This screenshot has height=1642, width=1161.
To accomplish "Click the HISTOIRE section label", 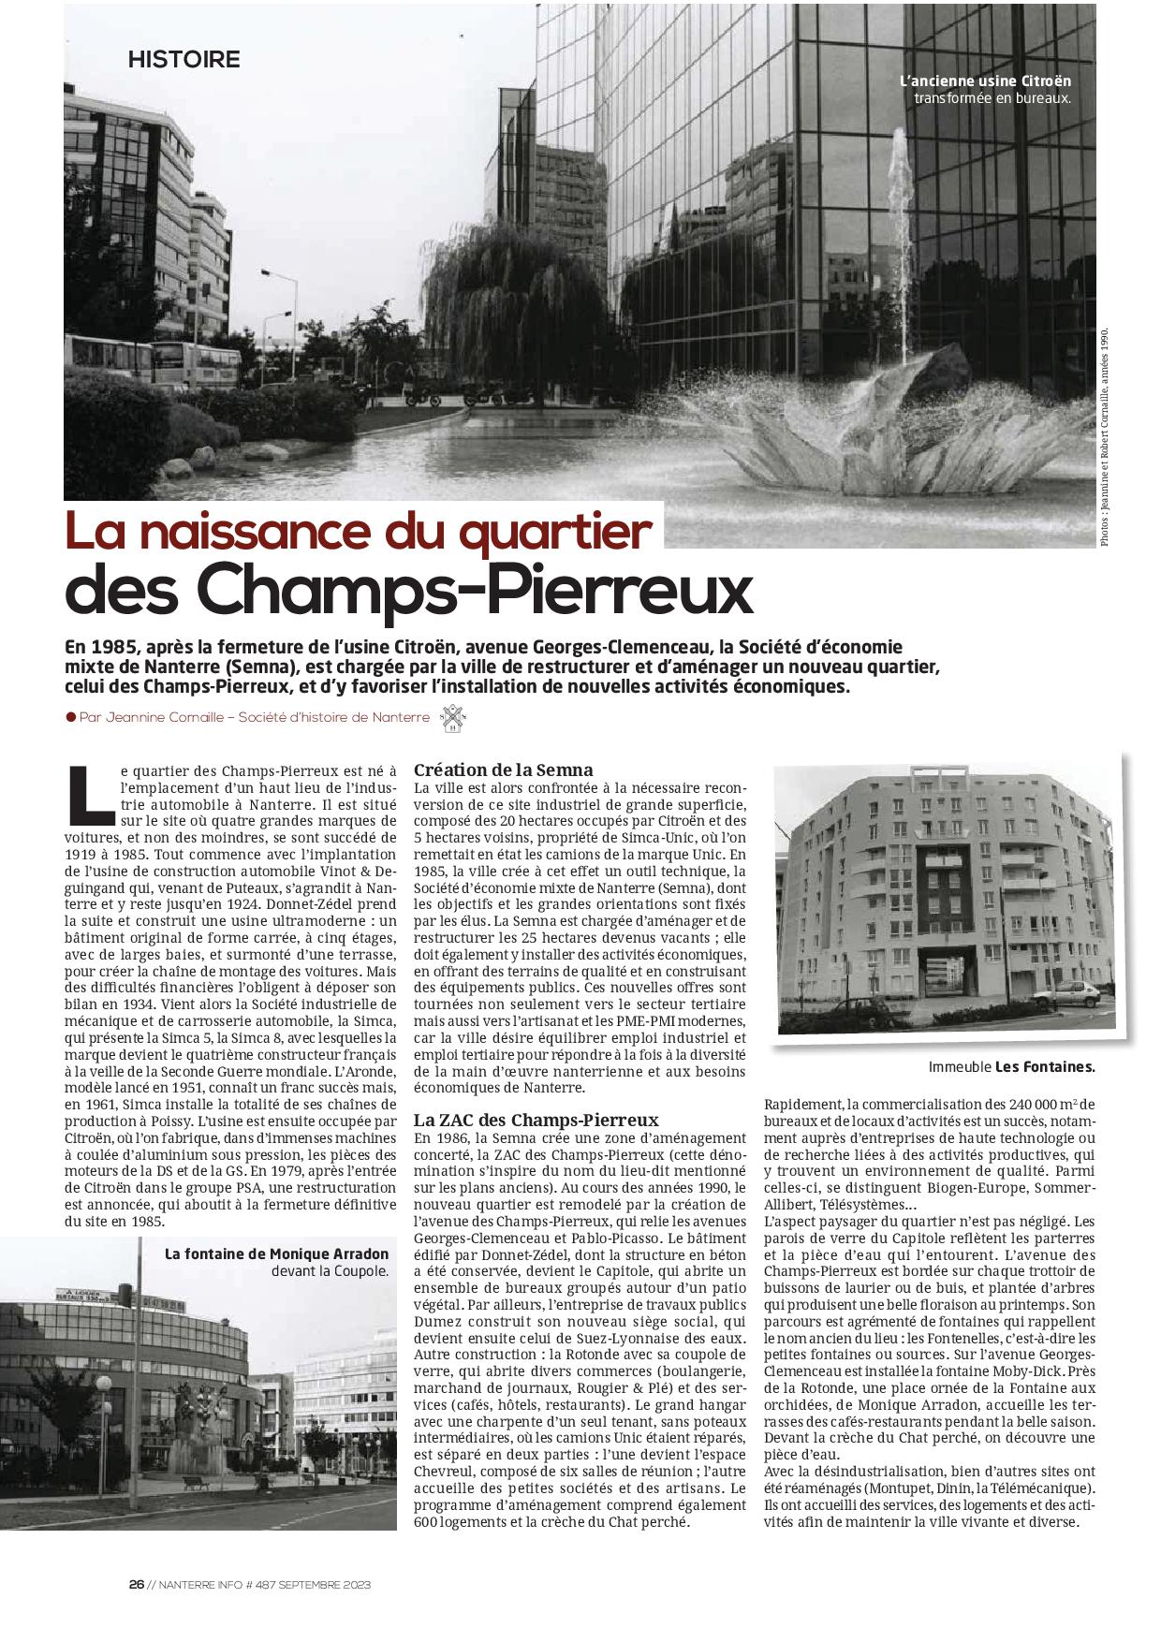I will [x=184, y=60].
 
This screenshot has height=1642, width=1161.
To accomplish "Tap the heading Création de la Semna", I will [x=503, y=770].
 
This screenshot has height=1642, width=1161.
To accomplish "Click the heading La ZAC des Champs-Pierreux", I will [x=536, y=1120].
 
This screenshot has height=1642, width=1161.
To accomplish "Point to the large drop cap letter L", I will [x=90, y=792].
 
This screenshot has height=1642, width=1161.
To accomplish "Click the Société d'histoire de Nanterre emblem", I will [x=454, y=718].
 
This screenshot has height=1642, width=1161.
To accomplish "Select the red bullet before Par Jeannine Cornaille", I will [x=70, y=717].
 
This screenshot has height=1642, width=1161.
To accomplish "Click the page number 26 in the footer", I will [x=136, y=1585].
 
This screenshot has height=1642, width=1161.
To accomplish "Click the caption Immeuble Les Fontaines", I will [x=1011, y=1066].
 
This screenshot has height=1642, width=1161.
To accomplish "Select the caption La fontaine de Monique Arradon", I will [x=276, y=1253].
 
